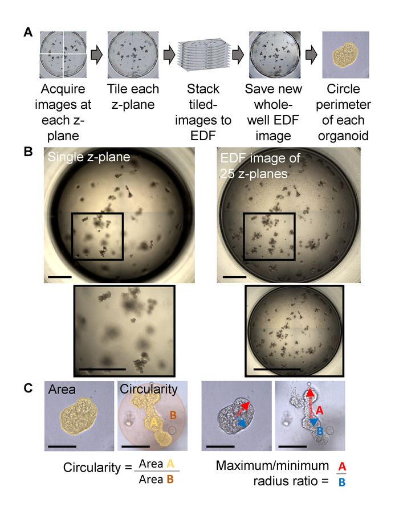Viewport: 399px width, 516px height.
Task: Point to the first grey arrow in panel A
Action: point(96,55)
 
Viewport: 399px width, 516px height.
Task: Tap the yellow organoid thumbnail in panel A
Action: point(346,55)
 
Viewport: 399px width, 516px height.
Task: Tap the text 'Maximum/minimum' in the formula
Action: point(264,466)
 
